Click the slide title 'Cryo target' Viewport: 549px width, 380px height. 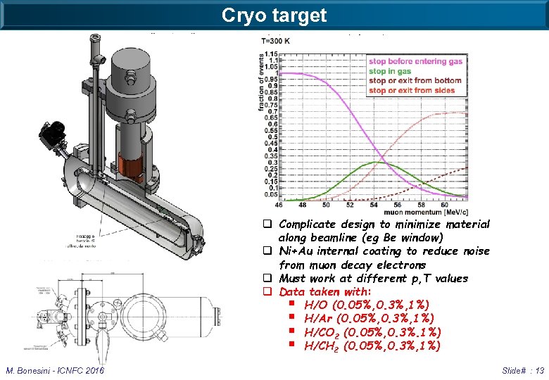[x=274, y=15]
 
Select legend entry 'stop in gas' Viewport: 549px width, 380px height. [x=391, y=71]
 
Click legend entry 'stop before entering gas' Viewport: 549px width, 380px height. [x=415, y=62]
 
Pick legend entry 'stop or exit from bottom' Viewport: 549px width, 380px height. [x=415, y=80]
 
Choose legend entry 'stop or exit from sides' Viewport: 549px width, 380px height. [x=412, y=90]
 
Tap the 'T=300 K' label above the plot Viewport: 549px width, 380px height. [x=277, y=42]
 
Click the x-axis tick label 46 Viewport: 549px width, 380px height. [x=278, y=205]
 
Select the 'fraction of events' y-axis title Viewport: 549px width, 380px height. [x=260, y=101]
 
